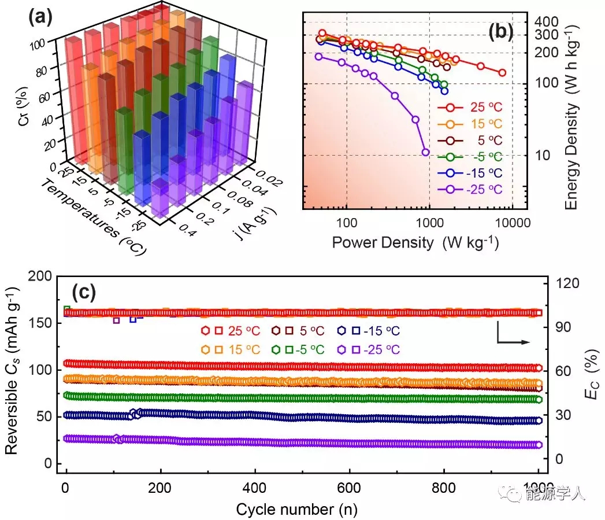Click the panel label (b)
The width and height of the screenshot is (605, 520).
pyautogui.click(x=501, y=32)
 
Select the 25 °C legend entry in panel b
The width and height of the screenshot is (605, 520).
pyautogui.click(x=469, y=107)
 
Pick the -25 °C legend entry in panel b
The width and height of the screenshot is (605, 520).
pyautogui.click(x=469, y=189)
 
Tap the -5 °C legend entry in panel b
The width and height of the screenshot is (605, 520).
pyautogui.click(x=469, y=156)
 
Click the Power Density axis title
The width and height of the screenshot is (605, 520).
pyautogui.click(x=415, y=242)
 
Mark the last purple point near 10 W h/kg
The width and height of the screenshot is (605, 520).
pyautogui.click(x=426, y=152)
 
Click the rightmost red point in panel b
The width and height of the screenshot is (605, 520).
pyautogui.click(x=502, y=73)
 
